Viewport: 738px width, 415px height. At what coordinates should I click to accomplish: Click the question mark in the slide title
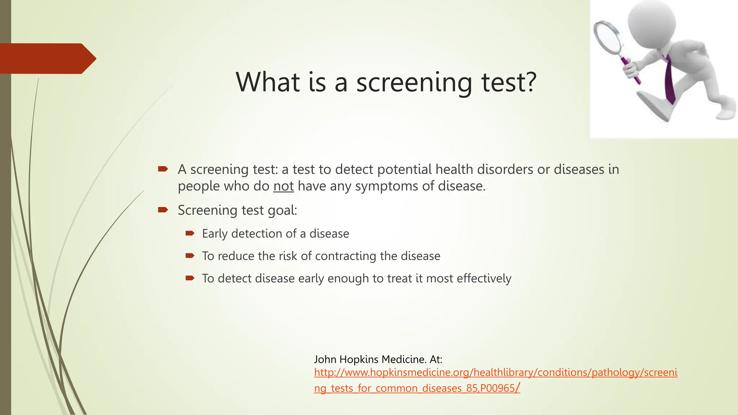tap(529, 82)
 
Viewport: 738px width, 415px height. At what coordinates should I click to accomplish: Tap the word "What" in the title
tap(268, 82)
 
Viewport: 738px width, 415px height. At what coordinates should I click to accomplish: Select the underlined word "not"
tap(283, 186)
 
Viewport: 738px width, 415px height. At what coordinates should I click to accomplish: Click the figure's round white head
tap(652, 22)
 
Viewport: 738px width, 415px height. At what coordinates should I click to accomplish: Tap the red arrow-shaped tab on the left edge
tap(47, 58)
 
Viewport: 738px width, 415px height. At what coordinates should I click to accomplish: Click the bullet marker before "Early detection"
tap(190, 233)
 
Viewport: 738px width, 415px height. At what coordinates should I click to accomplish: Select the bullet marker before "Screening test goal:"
tap(163, 210)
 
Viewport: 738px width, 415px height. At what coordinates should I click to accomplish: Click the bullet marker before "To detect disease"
tap(190, 278)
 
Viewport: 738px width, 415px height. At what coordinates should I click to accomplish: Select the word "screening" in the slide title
tap(414, 82)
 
